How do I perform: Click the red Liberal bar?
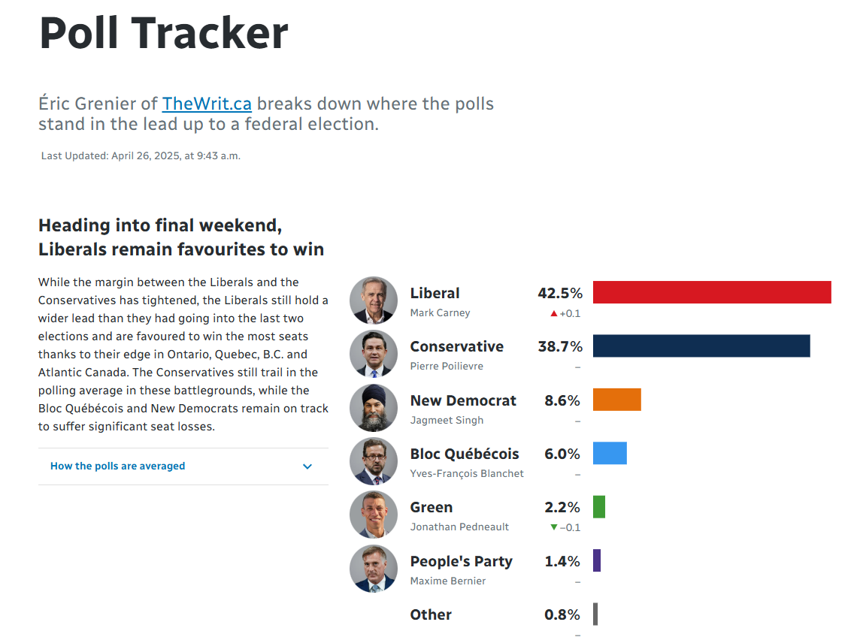pos(712,292)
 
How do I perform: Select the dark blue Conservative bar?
pos(701,346)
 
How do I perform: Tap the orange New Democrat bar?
pos(616,400)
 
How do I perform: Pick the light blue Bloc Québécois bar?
pos(610,453)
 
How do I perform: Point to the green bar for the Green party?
pos(599,506)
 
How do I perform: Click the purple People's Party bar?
pos(597,560)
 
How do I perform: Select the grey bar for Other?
pos(595,614)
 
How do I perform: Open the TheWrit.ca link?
pos(207,104)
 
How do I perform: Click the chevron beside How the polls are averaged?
pos(307,466)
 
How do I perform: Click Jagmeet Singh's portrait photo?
pos(374,407)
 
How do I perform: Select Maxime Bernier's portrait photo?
pos(374,568)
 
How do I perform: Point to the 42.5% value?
pos(560,293)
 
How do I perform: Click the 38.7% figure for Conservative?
pos(560,346)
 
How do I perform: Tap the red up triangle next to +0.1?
pos(554,313)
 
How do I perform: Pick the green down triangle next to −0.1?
pos(554,527)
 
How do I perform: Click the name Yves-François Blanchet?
pos(467,473)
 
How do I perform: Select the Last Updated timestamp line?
pos(141,156)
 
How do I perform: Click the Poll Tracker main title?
pos(164,33)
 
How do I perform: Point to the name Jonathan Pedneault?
pos(459,527)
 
